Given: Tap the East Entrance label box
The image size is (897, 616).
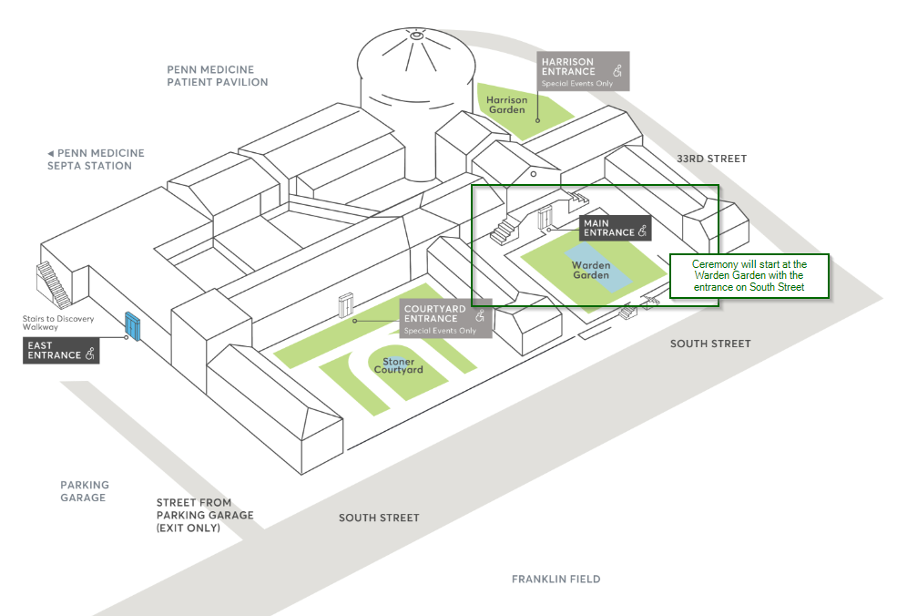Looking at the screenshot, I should coord(61,350).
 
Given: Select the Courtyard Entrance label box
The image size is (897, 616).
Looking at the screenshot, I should coord(446,318).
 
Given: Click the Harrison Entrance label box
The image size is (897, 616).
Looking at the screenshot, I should coord(583,71).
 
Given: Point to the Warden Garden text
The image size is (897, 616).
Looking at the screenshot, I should coord(591,271).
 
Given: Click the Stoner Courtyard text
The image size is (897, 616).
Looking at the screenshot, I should coord(399,366).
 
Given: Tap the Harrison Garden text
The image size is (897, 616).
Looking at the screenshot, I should coord(506,105).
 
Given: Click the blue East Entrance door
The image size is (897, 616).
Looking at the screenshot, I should coord(133,326).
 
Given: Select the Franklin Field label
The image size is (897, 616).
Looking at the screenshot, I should coord(556,579).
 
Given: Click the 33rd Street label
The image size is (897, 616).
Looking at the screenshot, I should coord(711,159).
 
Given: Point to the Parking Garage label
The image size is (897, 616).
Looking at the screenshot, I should coord(85,491).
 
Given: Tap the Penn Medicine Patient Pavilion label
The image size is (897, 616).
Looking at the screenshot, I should coord(217,76).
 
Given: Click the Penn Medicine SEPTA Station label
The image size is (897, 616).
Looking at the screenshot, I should coord(95,159).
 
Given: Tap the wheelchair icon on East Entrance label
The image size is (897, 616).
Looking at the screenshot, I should coord(90,355).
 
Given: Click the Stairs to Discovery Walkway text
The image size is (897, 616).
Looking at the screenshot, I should coord(53,323).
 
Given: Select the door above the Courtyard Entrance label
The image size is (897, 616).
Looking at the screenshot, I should coord(345,304).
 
